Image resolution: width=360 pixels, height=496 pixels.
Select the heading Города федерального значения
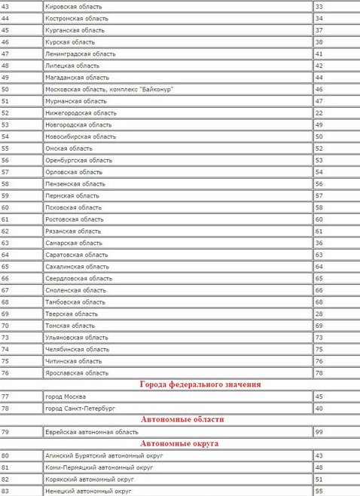click(200, 384)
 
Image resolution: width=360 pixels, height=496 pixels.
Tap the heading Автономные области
click(182, 420)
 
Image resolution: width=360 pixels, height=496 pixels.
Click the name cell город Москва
click(66, 396)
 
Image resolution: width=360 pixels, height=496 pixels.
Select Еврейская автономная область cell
click(92, 432)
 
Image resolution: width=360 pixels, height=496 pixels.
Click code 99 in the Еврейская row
click(319, 432)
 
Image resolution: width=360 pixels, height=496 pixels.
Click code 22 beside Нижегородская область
click(319, 112)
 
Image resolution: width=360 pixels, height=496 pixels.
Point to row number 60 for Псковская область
click(5, 207)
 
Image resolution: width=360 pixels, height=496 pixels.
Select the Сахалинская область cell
click(77, 266)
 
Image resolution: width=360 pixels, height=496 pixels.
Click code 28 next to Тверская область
click(319, 314)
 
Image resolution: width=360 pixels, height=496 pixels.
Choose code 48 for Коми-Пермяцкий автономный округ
click(319, 467)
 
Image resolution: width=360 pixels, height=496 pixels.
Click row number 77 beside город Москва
click(5, 396)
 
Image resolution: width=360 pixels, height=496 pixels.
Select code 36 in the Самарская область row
click(319, 243)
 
